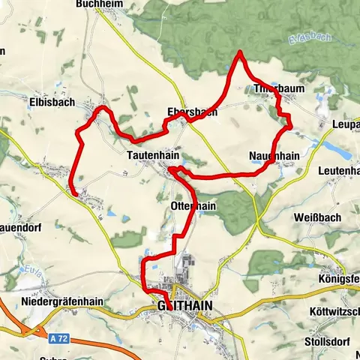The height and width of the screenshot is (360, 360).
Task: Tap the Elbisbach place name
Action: pos(52,104)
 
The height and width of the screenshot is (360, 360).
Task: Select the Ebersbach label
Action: pos(191,112)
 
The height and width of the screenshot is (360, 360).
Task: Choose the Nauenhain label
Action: pos(274,156)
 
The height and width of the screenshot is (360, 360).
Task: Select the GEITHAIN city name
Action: pos(185,306)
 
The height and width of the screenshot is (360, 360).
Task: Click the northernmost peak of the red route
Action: pos(239,52)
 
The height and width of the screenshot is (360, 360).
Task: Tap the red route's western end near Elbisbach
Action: pos(73,193)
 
